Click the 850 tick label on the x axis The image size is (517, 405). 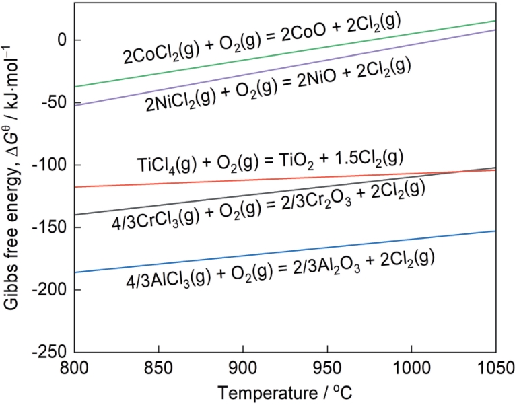(x=158, y=367)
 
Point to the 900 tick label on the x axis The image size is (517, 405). (x=242, y=367)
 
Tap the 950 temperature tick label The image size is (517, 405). (x=326, y=367)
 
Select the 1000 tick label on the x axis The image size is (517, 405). (x=411, y=367)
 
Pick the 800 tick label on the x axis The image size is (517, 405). (x=75, y=367)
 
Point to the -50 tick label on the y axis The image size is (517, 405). (x=55, y=103)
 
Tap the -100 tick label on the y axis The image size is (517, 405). (x=51, y=165)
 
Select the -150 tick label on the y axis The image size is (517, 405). (x=51, y=228)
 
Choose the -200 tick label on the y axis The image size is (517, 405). (x=51, y=291)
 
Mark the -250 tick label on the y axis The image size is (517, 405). (x=51, y=353)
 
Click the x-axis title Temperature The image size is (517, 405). (x=285, y=391)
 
